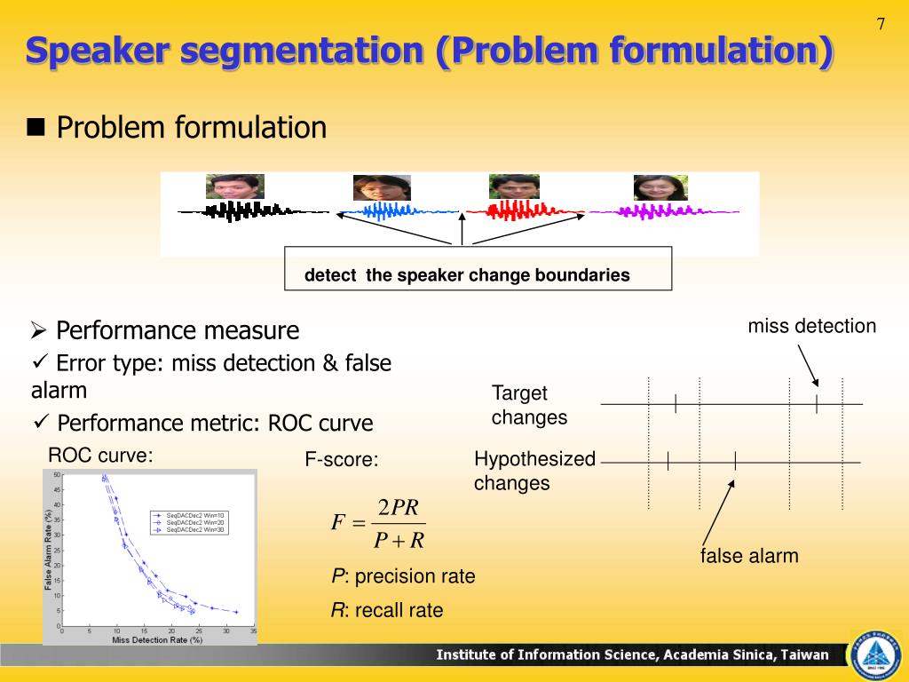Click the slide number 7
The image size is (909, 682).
tap(881, 24)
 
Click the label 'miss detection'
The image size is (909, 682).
tap(811, 326)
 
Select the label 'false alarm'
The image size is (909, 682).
tap(749, 556)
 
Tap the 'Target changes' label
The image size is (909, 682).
tap(529, 405)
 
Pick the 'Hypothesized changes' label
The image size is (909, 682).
tap(534, 471)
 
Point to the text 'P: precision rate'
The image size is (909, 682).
tap(403, 576)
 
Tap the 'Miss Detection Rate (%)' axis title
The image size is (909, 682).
tap(157, 639)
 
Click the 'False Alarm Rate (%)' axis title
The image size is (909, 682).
tap(49, 551)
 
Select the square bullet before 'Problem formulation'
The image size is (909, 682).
tap(36, 127)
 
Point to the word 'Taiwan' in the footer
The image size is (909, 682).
tap(805, 655)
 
